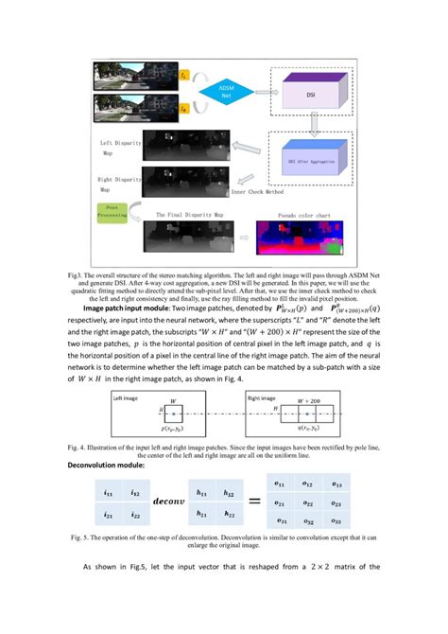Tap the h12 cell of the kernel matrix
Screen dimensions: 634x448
point(229,493)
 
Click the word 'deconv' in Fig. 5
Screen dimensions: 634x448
point(170,504)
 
